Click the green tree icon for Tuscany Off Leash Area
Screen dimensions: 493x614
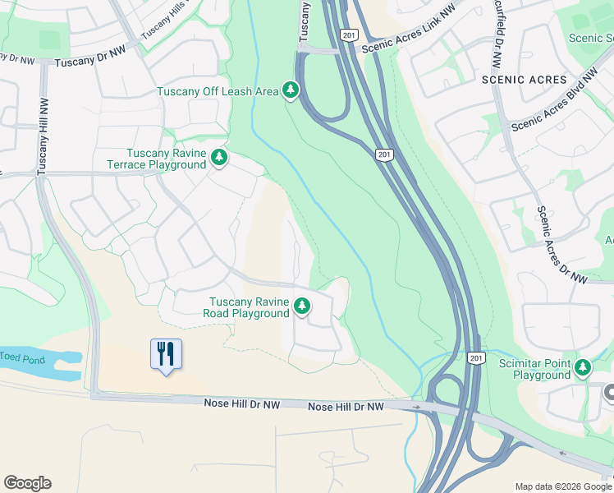pyautogui.click(x=291, y=90)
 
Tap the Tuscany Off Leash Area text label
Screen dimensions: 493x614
pyautogui.click(x=218, y=91)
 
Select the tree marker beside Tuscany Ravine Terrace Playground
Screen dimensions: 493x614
pyautogui.click(x=218, y=156)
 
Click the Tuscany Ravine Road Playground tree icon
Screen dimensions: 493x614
pyautogui.click(x=303, y=306)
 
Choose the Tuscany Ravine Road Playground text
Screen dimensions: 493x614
pyautogui.click(x=249, y=307)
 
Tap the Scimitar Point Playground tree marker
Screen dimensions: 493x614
pyautogui.click(x=584, y=366)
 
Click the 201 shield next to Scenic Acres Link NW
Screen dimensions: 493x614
pyautogui.click(x=349, y=35)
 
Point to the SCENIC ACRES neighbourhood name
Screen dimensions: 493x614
pyautogui.click(x=525, y=80)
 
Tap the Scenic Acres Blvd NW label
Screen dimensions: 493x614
pyautogui.click(x=554, y=102)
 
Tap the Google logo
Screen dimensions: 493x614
pyautogui.click(x=27, y=483)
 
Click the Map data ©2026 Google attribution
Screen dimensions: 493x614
pyautogui.click(x=562, y=486)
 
